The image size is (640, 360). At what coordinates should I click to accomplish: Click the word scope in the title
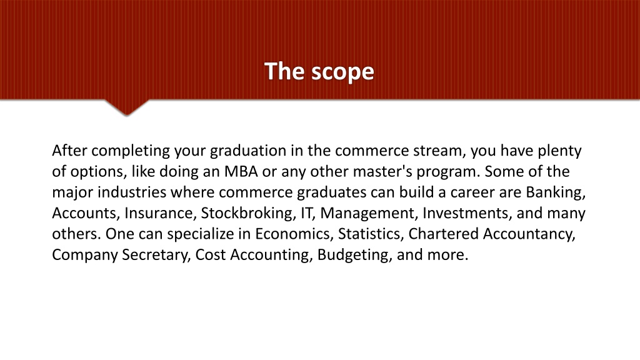tap(343, 72)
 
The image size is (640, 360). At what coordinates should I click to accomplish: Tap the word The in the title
tap(284, 71)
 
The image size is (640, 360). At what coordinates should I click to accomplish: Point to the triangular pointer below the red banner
tap(126, 107)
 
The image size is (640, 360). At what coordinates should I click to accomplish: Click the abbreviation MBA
tap(241, 171)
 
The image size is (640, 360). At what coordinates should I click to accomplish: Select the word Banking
tap(556, 192)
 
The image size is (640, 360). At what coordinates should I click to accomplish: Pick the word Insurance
tap(158, 213)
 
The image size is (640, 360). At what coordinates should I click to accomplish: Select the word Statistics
tap(371, 234)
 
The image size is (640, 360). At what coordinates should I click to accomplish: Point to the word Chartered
tap(444, 234)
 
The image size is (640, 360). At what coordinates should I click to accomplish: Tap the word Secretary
tap(156, 256)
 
